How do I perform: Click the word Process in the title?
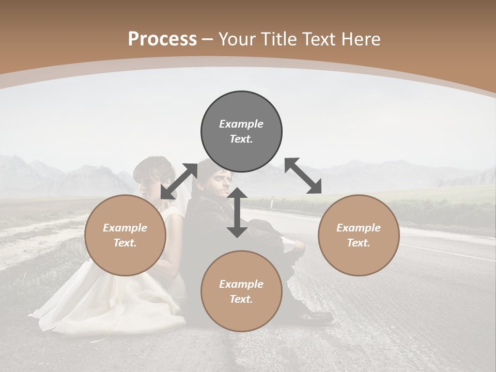pyautogui.click(x=162, y=39)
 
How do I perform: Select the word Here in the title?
pyautogui.click(x=361, y=39)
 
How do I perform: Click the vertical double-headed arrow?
pyautogui.click(x=237, y=213)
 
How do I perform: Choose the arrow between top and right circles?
pyautogui.click(x=303, y=176)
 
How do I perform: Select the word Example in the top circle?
pyautogui.click(x=241, y=124)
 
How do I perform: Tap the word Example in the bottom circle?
pyautogui.click(x=241, y=284)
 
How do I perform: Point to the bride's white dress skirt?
pyautogui.click(x=109, y=305)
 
